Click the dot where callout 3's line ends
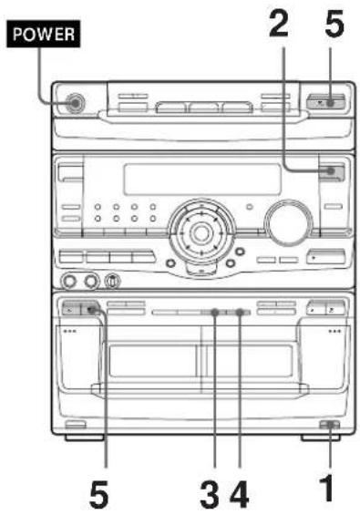tap(214, 313)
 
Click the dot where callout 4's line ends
tap(240, 313)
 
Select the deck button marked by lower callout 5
tap(92, 311)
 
